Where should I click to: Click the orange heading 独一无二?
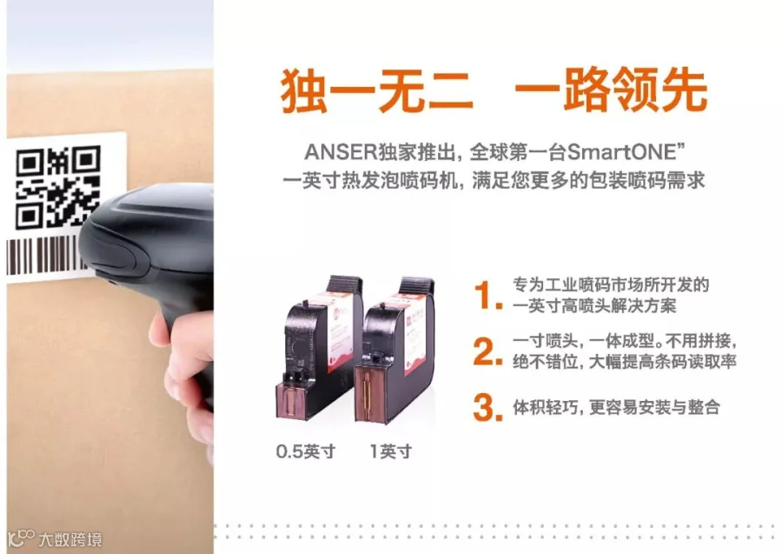coord(376,91)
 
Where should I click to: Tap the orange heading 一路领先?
coord(611,91)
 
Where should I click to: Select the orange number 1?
coord(487,296)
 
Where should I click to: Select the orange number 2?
coord(487,351)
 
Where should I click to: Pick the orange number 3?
coord(487,407)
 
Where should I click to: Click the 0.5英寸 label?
coord(306,451)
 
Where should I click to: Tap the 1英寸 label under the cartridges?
coord(391,451)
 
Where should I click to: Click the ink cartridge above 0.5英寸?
coord(319,347)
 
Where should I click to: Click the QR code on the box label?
coord(58,187)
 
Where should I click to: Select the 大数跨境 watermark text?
coord(70,539)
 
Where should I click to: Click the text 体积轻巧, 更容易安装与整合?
coord(616,407)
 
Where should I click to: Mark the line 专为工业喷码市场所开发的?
coord(611,285)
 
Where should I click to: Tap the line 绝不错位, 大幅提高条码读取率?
coord(625,361)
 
